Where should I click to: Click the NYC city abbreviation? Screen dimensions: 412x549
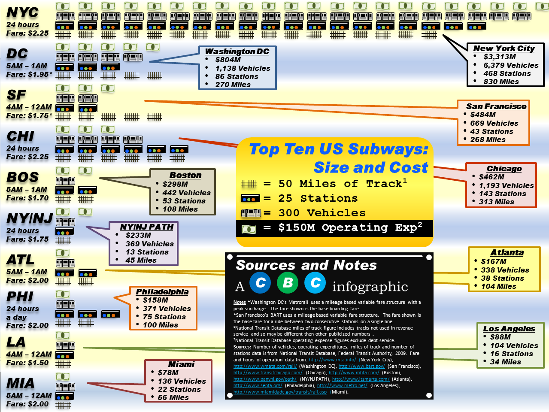coord(22,12)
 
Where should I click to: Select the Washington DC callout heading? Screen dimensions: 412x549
coord(237,51)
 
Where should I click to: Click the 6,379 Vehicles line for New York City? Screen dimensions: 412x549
coord(511,65)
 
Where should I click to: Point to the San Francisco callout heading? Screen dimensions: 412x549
coord(496,106)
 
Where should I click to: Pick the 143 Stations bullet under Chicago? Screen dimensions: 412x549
coord(502,194)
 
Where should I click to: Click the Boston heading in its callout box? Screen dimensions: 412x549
coord(185,176)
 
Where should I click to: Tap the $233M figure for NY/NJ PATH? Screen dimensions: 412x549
coord(138,235)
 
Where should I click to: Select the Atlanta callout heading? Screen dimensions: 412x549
coord(507,253)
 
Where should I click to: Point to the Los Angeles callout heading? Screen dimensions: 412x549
coord(509,329)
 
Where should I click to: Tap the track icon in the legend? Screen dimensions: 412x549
coord(249,184)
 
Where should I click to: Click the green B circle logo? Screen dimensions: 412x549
coord(288,283)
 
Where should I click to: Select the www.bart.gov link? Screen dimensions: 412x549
coord(361,366)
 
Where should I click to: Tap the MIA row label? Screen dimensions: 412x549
coord(20,383)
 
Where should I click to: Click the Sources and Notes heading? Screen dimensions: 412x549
coord(306,265)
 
